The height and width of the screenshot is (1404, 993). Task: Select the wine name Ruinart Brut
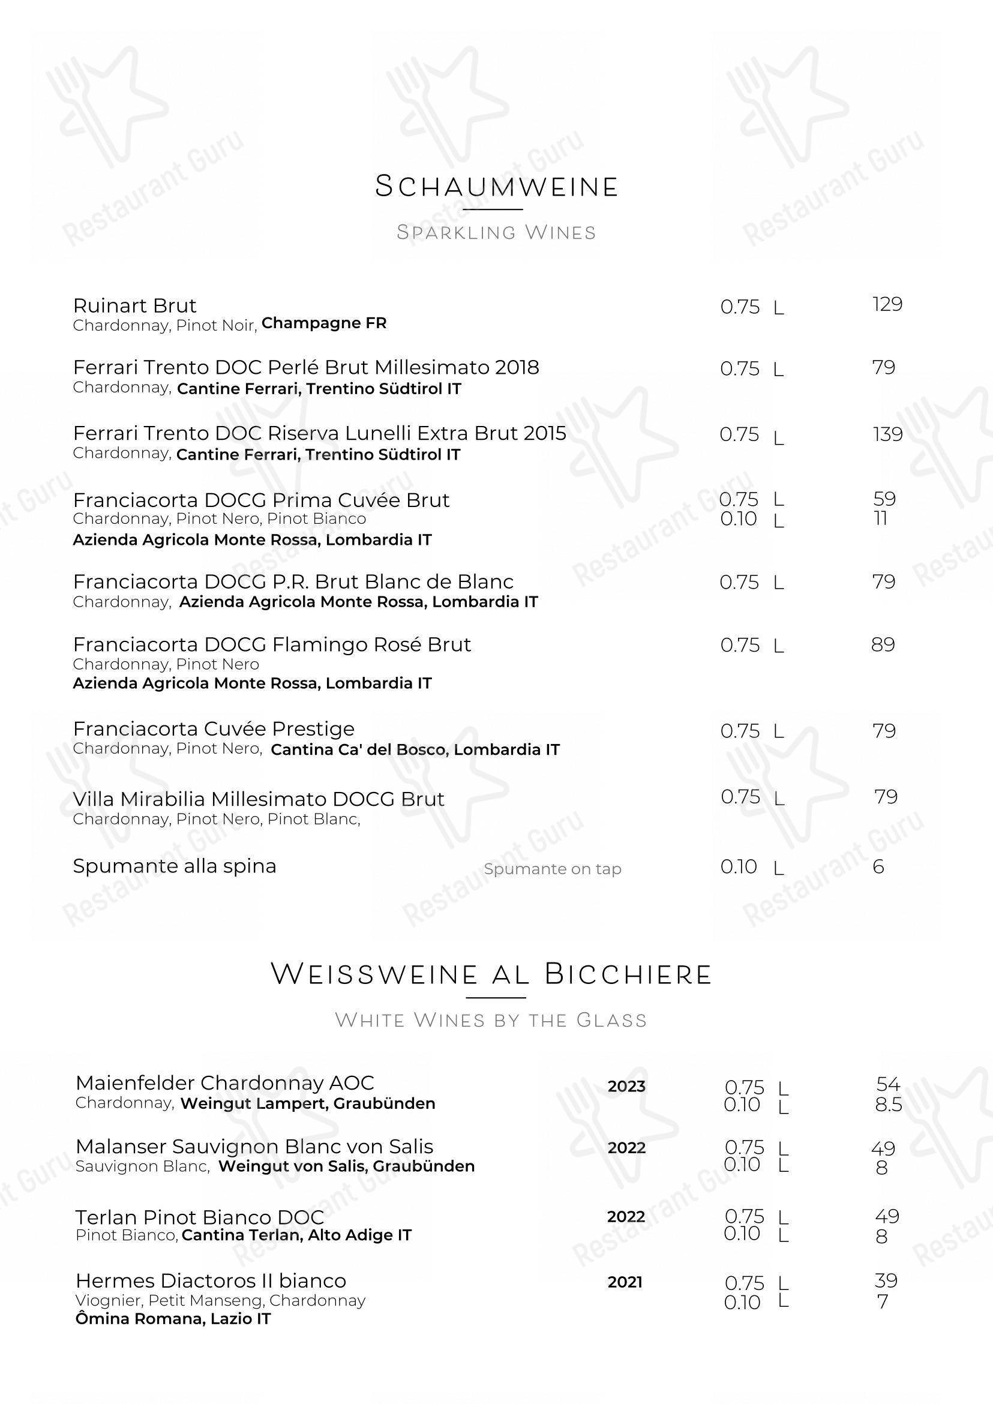(134, 305)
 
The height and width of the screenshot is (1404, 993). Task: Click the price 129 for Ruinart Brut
(887, 304)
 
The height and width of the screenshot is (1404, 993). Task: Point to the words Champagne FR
(324, 323)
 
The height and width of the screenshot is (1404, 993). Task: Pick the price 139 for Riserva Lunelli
(887, 434)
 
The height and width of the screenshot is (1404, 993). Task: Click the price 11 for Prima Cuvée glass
(880, 518)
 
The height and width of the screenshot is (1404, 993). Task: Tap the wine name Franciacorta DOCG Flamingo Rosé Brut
(272, 644)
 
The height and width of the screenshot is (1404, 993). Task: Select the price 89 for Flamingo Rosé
(883, 644)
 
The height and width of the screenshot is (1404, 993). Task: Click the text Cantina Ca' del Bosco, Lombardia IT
(415, 749)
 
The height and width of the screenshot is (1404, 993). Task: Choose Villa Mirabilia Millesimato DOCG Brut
(259, 799)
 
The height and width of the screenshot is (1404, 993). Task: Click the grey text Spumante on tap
(552, 869)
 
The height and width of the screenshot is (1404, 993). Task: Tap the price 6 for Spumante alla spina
(878, 866)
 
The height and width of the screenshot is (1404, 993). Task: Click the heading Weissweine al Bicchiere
(491, 974)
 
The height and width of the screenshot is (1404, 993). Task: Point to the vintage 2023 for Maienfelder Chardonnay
(626, 1086)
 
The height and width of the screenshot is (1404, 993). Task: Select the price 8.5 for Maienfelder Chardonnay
(889, 1105)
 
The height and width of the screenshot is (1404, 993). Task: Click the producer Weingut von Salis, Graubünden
(347, 1166)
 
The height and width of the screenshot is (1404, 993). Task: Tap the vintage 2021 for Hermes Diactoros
(625, 1282)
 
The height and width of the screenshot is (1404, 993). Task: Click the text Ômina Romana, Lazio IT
(173, 1318)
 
